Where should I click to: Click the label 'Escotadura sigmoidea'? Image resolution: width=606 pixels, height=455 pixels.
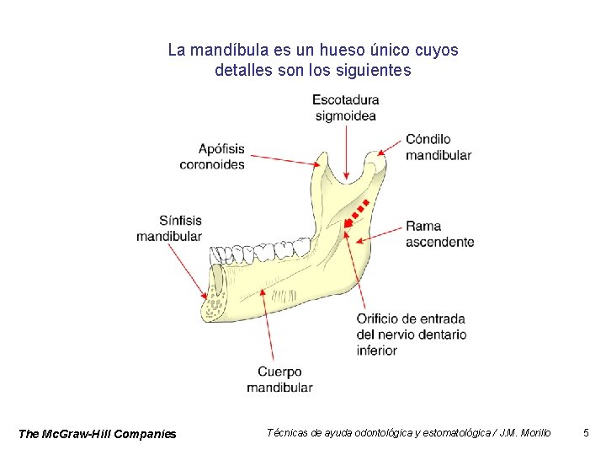[x=345, y=108]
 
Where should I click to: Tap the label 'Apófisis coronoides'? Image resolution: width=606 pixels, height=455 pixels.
[x=212, y=157]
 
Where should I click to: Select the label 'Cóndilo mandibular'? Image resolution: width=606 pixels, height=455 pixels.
[x=438, y=147]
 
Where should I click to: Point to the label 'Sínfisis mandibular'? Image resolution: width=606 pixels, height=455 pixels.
[x=169, y=228]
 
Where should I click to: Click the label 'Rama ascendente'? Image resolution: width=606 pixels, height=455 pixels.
[x=439, y=233]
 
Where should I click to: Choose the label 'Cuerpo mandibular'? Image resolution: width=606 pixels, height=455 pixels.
[x=279, y=379]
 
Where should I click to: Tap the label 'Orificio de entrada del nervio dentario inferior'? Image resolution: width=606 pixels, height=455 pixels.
[x=411, y=334]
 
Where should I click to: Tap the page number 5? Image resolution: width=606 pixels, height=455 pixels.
[x=586, y=433]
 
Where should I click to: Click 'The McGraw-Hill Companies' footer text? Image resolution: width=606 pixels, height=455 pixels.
[x=97, y=434]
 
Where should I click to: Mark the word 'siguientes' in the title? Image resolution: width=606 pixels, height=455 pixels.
[x=374, y=71]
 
